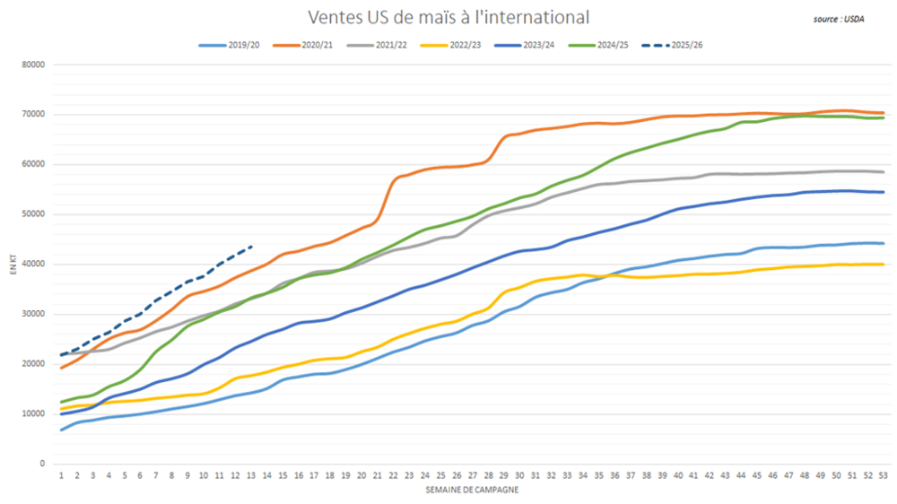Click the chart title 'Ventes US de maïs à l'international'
point(448,17)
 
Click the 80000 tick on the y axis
point(33,65)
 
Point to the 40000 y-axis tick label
point(33,264)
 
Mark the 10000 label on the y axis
point(33,413)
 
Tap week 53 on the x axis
point(883,475)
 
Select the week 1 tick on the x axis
point(61,475)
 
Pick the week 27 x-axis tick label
point(472,475)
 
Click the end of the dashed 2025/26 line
point(251,246)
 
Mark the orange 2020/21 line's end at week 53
point(883,113)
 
